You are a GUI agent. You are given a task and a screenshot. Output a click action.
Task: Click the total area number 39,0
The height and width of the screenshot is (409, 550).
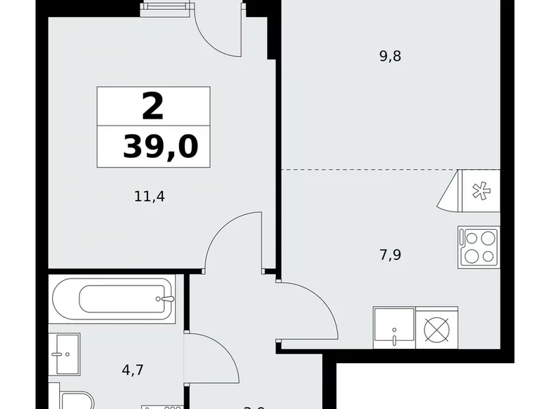pos(160,147)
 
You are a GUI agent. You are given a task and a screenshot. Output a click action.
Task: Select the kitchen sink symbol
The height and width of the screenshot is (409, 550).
pos(395,327)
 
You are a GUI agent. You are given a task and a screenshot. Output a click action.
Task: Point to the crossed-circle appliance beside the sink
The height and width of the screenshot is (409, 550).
pos(436,327)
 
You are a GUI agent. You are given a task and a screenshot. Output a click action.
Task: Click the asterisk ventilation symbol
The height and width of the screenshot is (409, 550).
pos(479,191)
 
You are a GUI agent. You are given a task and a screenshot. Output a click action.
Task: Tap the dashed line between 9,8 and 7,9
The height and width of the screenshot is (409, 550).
pos(367,170)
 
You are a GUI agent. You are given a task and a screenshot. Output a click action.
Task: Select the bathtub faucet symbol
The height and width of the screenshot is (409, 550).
pos(168,299)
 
